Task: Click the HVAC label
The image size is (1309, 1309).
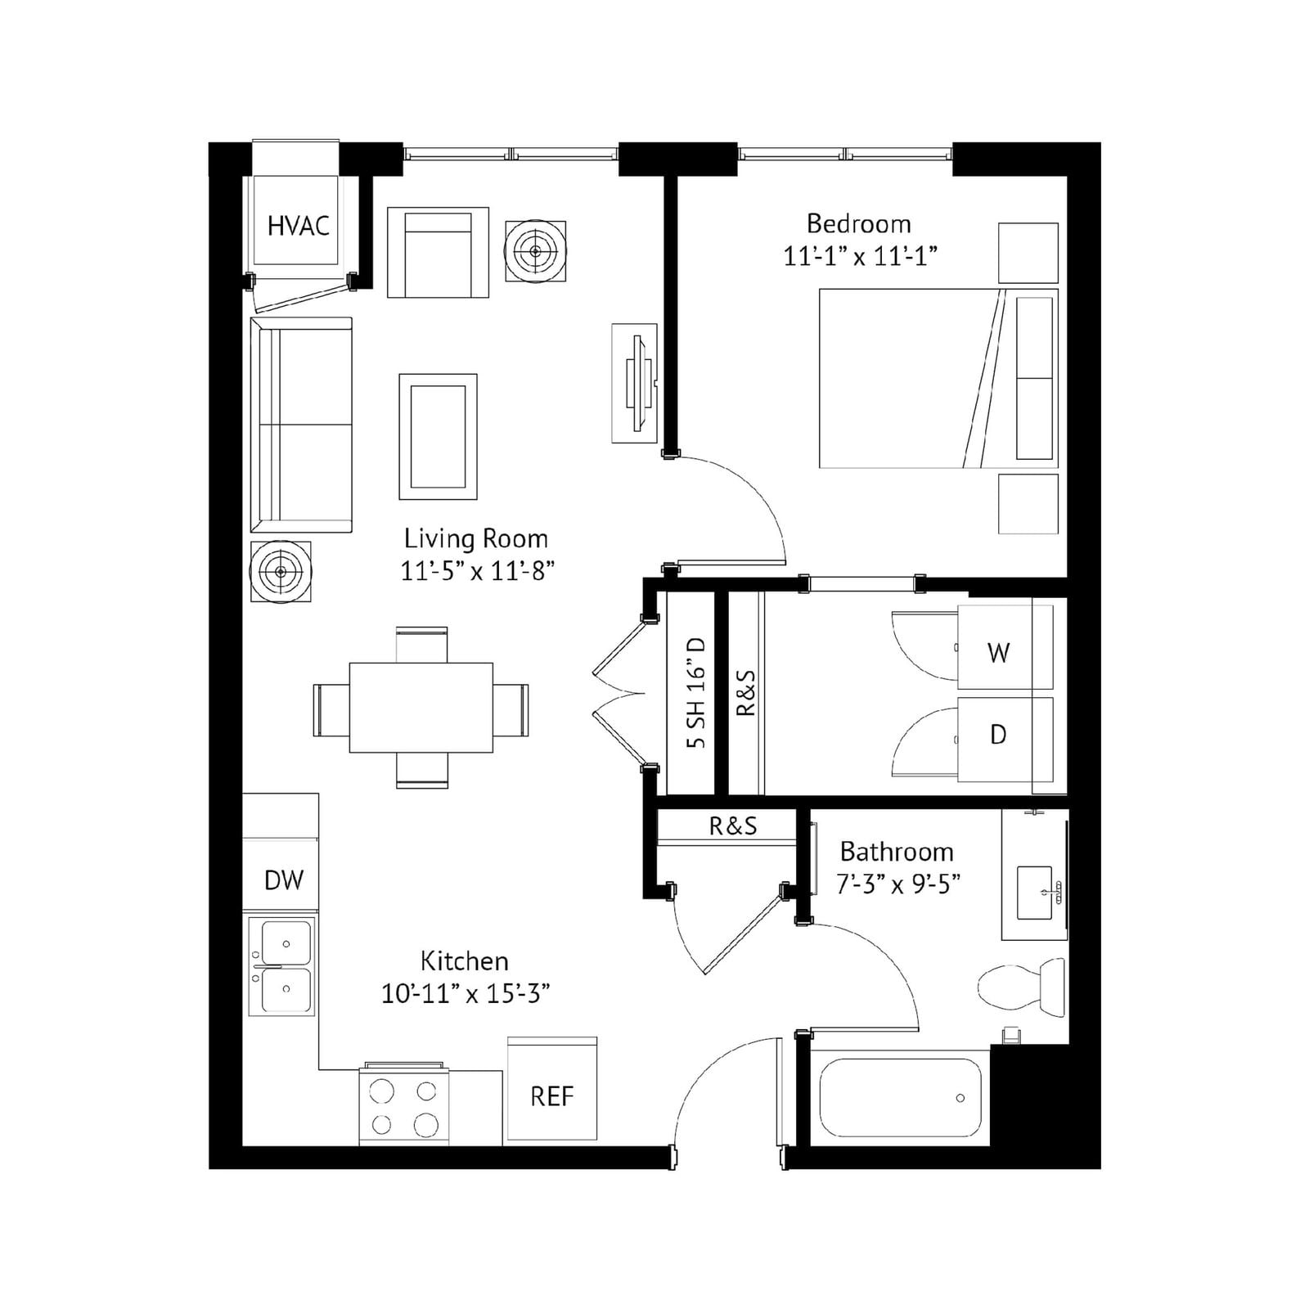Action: point(299,226)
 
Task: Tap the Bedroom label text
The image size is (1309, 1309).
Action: point(858,223)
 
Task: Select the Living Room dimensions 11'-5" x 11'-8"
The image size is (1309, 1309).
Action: point(478,570)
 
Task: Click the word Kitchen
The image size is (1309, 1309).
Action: point(464,960)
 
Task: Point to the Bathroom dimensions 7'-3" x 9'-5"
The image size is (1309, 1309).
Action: point(897,884)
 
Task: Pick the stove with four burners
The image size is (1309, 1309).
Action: point(404,1105)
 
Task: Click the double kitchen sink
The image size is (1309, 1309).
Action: point(282,966)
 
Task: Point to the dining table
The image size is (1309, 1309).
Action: point(421,708)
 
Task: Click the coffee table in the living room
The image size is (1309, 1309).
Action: point(438,436)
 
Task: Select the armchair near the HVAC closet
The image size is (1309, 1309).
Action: point(438,252)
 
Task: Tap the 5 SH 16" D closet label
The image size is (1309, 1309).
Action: point(695,692)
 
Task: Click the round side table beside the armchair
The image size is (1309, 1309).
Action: point(535,250)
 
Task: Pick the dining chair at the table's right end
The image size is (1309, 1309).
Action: point(511,709)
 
